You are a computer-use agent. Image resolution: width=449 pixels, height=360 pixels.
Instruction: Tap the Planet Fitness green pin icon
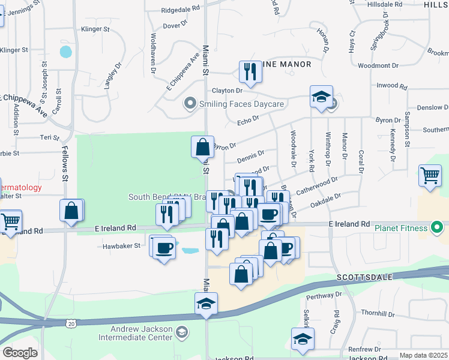436,227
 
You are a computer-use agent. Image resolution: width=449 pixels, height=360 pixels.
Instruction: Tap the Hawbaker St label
121,245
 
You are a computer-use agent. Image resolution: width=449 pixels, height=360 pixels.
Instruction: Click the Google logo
20,353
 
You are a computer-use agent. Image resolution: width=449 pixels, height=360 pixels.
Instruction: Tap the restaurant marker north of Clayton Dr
250,72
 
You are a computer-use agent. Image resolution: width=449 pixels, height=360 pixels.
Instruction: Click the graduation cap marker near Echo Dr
321,96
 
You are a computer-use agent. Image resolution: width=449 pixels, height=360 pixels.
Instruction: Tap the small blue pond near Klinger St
65,52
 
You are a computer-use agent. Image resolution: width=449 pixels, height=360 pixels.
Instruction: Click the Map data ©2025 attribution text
424,356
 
